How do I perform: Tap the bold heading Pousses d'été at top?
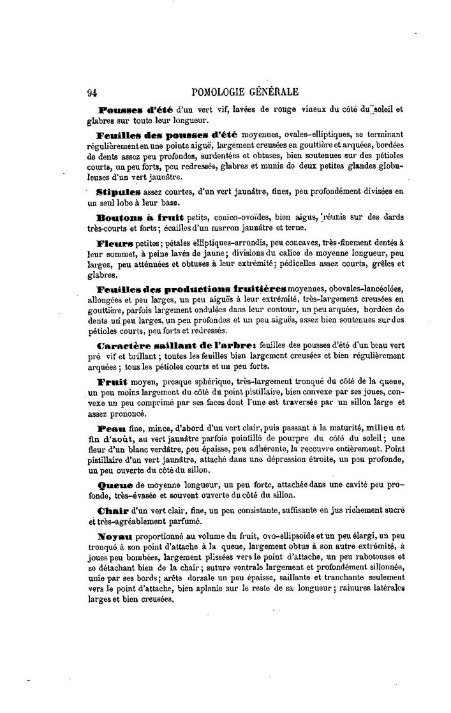click(131, 109)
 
